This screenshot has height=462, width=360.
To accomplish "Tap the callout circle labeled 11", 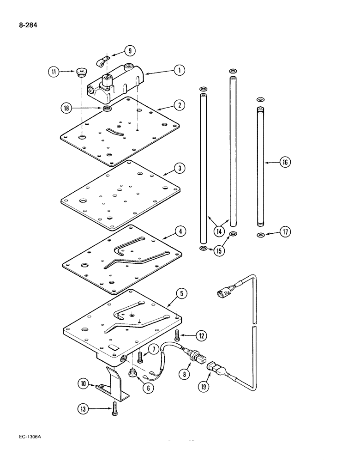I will tap(54, 72).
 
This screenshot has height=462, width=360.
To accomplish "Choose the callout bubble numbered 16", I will tap(285, 162).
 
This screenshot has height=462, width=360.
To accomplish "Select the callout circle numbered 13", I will tap(84, 408).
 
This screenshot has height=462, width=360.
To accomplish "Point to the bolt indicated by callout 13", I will tap(114, 408).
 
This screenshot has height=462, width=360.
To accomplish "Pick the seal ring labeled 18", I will tap(107, 109).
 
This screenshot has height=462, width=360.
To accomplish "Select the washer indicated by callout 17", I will tap(261, 236).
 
